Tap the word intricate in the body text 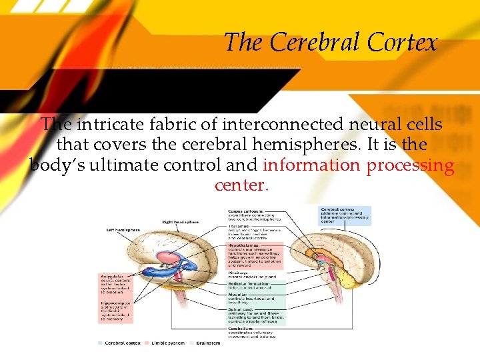tap(109, 125)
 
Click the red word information tap(310, 165)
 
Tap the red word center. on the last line tap(241, 185)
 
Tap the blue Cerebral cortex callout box tap(345, 215)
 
